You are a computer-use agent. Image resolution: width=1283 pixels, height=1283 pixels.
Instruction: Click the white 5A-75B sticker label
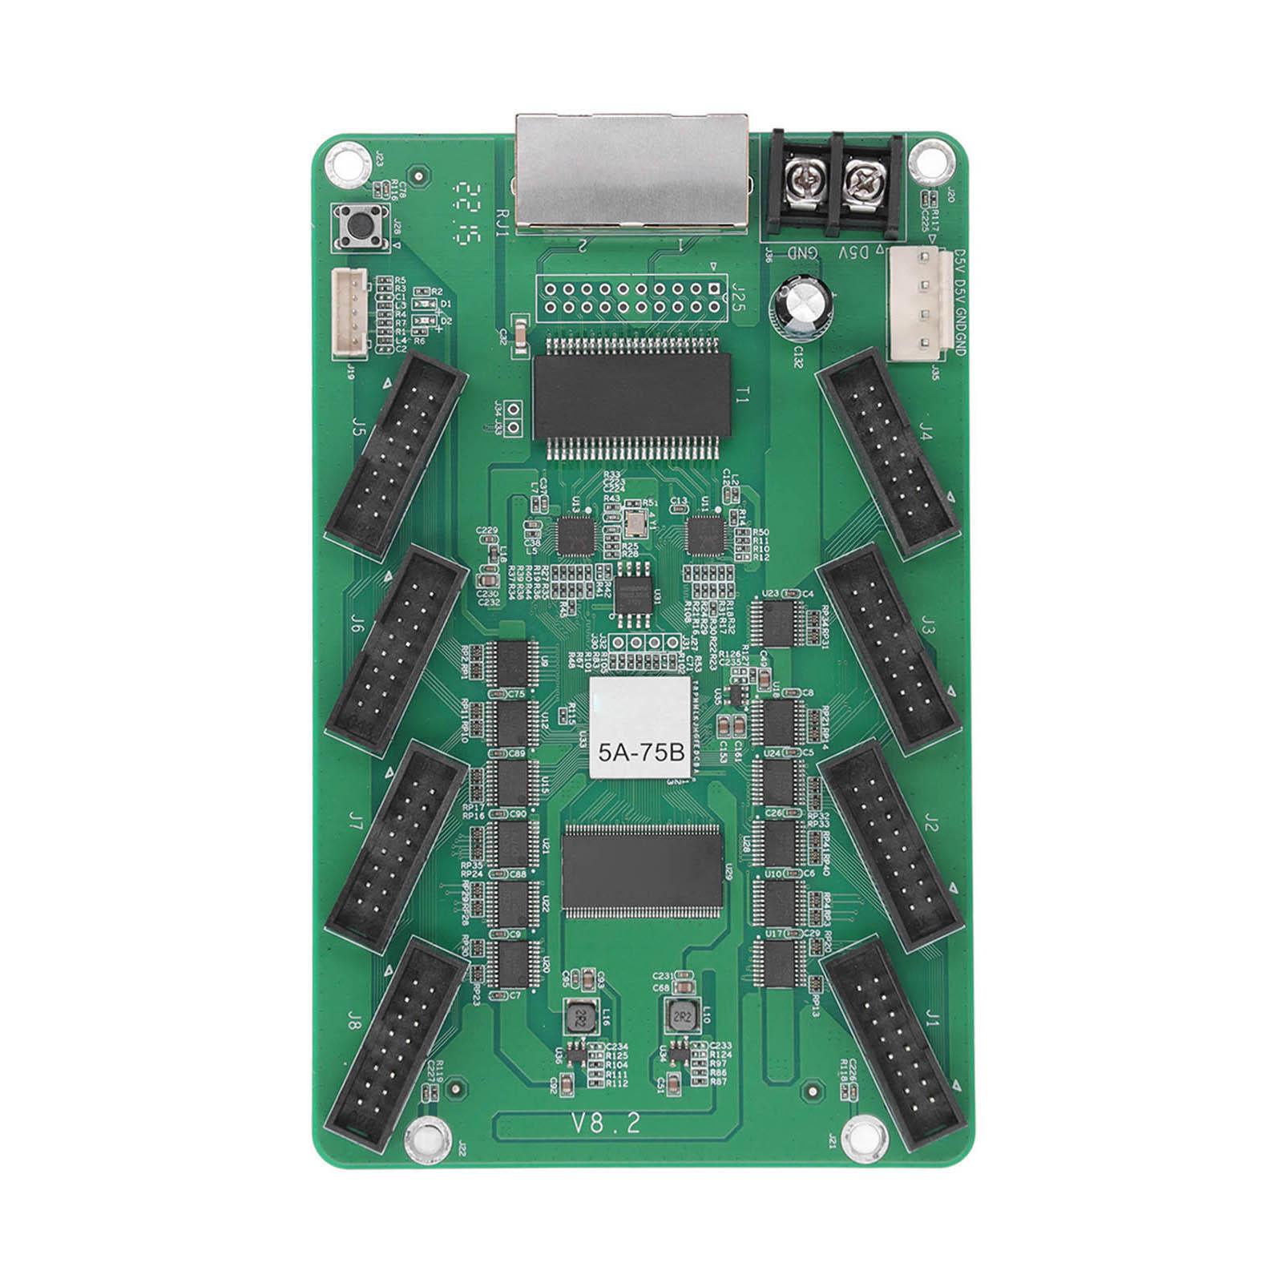pyautogui.click(x=640, y=728)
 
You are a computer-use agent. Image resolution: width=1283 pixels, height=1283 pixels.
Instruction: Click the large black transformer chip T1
pyautogui.click(x=632, y=396)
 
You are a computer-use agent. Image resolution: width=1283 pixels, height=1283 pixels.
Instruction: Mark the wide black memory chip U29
pyautogui.click(x=643, y=870)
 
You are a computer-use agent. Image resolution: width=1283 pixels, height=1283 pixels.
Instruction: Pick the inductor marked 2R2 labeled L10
pyautogui.click(x=680, y=1016)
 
